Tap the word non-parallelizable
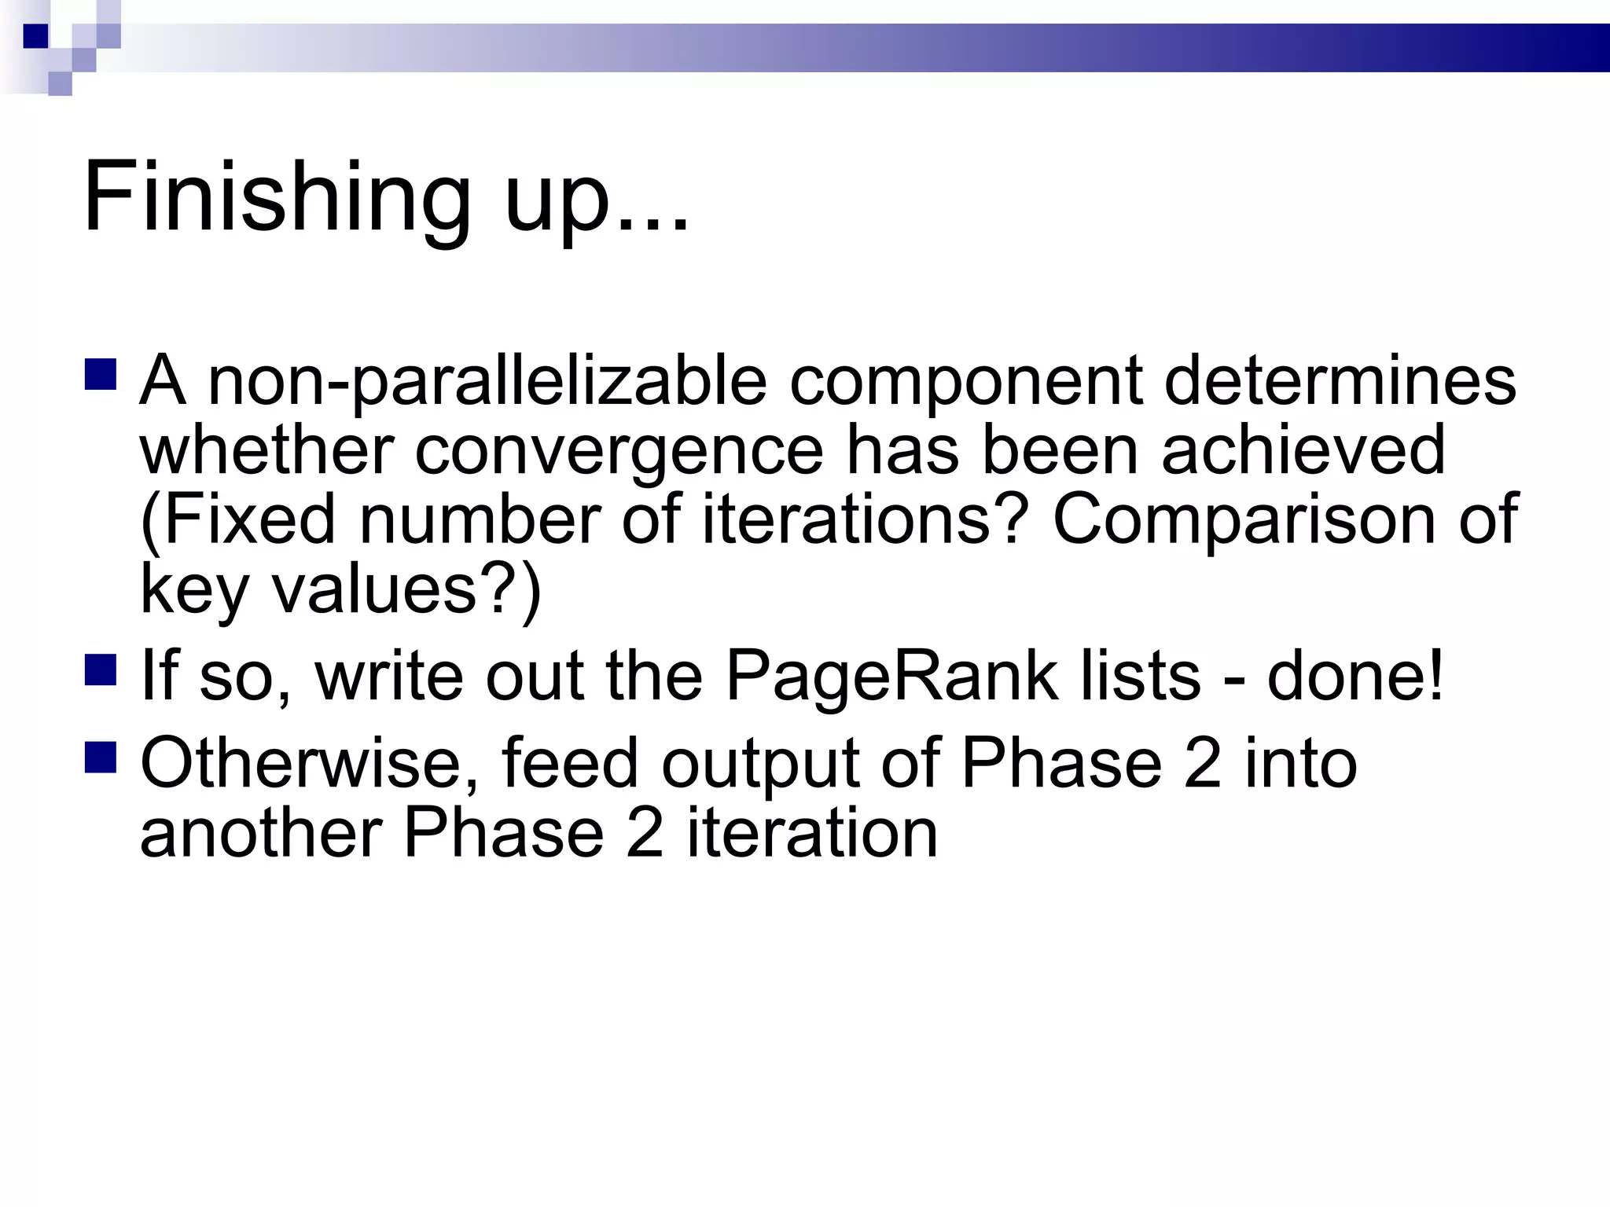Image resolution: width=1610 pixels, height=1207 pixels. click(487, 382)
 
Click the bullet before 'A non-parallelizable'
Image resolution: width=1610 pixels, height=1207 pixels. click(101, 375)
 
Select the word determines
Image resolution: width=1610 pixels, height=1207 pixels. click(1340, 382)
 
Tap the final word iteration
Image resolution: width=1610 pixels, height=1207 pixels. click(813, 833)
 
